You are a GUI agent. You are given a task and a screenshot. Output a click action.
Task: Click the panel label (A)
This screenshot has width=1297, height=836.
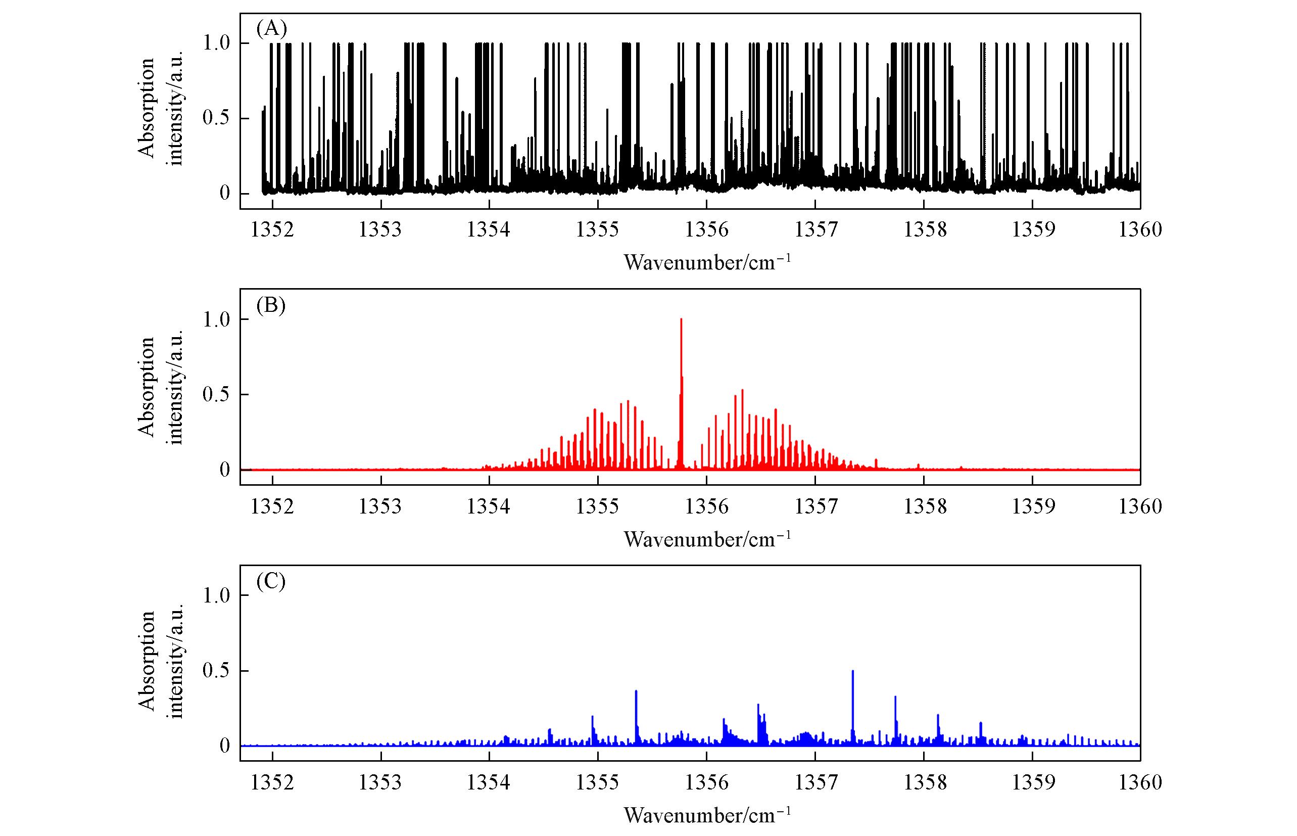pos(271,28)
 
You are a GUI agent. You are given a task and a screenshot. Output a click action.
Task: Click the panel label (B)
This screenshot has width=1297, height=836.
pos(271,306)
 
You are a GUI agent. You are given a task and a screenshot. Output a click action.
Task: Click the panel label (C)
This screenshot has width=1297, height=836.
pos(271,581)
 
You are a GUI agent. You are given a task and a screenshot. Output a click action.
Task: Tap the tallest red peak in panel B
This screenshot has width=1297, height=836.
pos(681,320)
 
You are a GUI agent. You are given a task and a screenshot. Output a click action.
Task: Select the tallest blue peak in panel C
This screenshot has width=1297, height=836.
pos(853,672)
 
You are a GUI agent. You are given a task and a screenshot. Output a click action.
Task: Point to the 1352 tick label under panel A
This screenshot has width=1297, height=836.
pos(272,229)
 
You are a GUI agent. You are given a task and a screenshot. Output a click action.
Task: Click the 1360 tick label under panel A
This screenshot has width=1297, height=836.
pos(1140,229)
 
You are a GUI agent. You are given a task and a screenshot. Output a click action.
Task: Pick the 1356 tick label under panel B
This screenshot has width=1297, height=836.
pos(706,506)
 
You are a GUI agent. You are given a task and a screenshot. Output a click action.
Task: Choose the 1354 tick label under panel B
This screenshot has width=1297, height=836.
pos(489,506)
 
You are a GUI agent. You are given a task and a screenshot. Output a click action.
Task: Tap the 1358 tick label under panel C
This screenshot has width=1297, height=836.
pos(925,782)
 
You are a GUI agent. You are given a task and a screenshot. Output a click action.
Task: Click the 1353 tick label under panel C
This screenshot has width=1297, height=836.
pos(380,782)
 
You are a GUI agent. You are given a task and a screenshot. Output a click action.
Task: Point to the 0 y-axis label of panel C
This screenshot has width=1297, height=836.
pos(225,746)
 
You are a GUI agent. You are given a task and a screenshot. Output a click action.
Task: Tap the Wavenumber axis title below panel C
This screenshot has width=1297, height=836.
pos(707,814)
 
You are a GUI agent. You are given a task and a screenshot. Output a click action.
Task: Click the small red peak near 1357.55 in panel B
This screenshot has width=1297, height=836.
pos(876,460)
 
